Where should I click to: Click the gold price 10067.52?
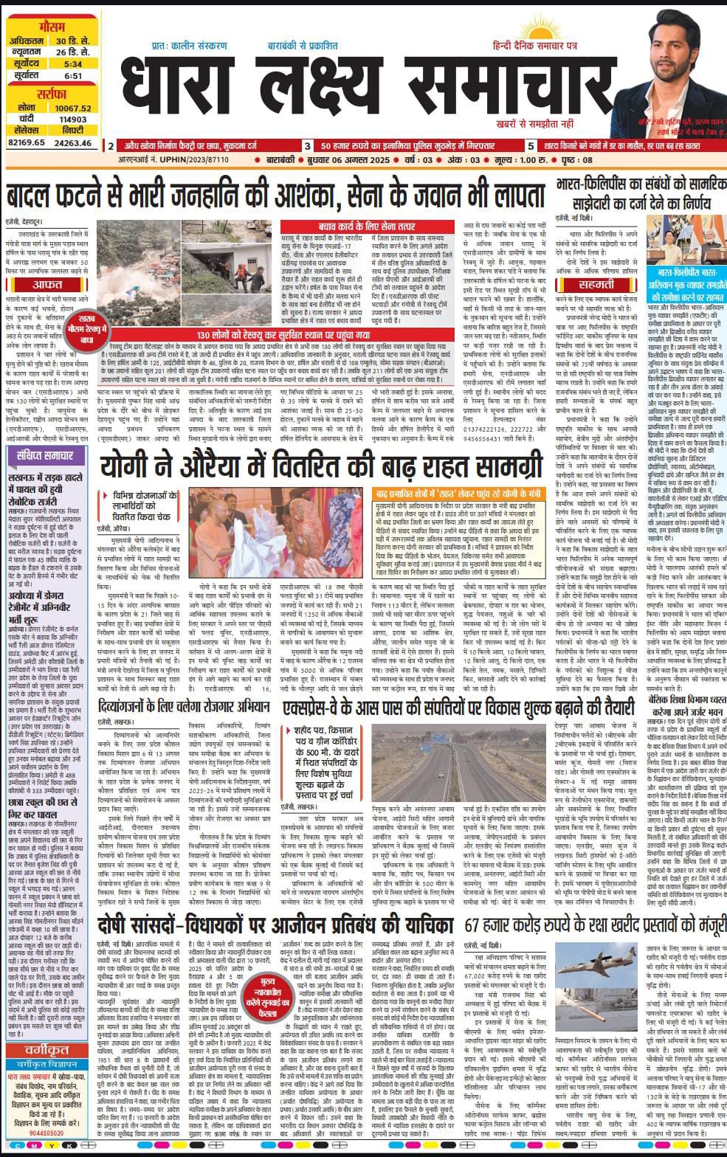[72, 108]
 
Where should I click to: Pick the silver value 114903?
[72, 119]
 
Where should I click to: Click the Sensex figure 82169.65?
[27, 142]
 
